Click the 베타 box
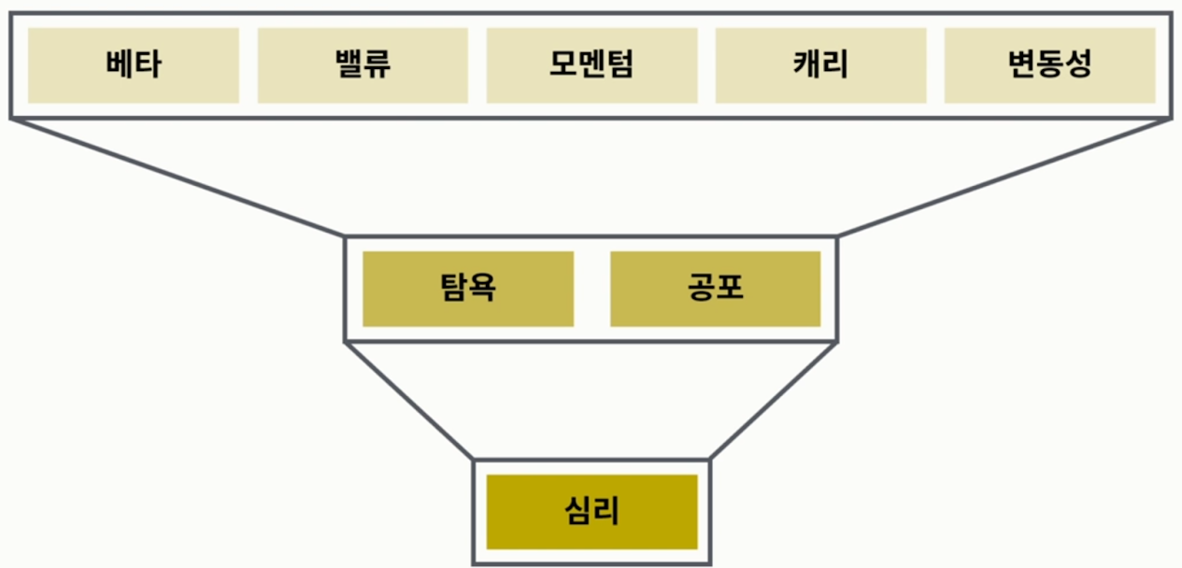[134, 65]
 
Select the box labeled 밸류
[363, 65]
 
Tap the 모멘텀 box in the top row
[591, 65]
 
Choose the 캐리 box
[820, 65]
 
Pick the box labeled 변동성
[1049, 65]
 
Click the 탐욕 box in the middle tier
[468, 289]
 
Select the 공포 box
[715, 289]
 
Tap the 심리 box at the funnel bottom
[591, 512]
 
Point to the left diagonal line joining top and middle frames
[178, 177]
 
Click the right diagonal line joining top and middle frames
[1004, 177]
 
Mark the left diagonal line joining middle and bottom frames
[409, 400]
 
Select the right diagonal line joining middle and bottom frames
[774, 400]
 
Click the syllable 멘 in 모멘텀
[591, 65]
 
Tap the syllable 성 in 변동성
[1077, 65]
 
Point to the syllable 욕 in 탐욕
[482, 289]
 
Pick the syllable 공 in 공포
[701, 289]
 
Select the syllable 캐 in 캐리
[807, 65]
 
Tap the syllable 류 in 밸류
[377, 65]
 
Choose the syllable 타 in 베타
[148, 65]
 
